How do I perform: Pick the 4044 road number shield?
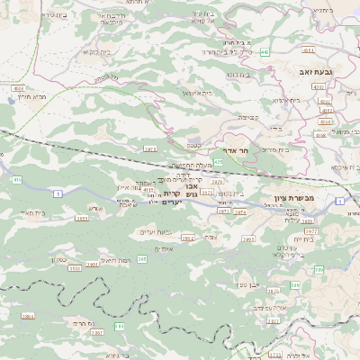tap(18, 88)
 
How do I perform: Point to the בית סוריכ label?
tap(274, 149)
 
